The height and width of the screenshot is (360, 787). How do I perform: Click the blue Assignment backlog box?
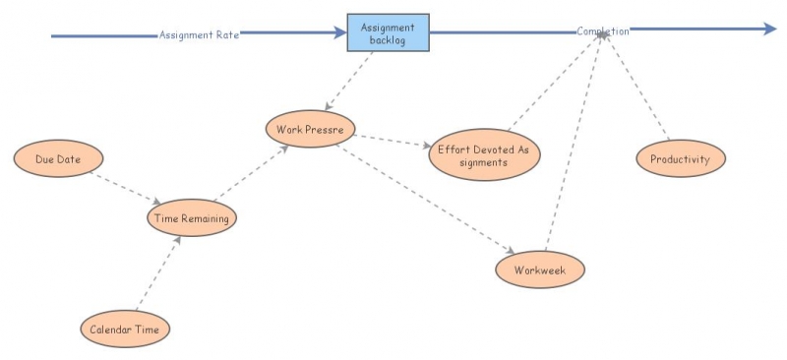[388, 33]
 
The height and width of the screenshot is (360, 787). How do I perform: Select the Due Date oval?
[58, 158]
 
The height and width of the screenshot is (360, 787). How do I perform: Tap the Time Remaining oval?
[193, 218]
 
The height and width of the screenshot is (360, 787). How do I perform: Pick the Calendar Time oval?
[125, 329]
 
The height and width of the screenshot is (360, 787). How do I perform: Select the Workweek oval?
[540, 269]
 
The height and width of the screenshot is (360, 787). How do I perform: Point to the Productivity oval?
[680, 158]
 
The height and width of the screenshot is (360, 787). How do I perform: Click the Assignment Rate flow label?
[200, 34]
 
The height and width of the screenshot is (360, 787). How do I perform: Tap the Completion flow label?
[602, 31]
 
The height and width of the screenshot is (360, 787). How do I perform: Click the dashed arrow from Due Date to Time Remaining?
[125, 187]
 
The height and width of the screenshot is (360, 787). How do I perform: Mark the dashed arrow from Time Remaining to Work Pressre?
[250, 173]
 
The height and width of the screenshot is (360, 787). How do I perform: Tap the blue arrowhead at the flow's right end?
[769, 30]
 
